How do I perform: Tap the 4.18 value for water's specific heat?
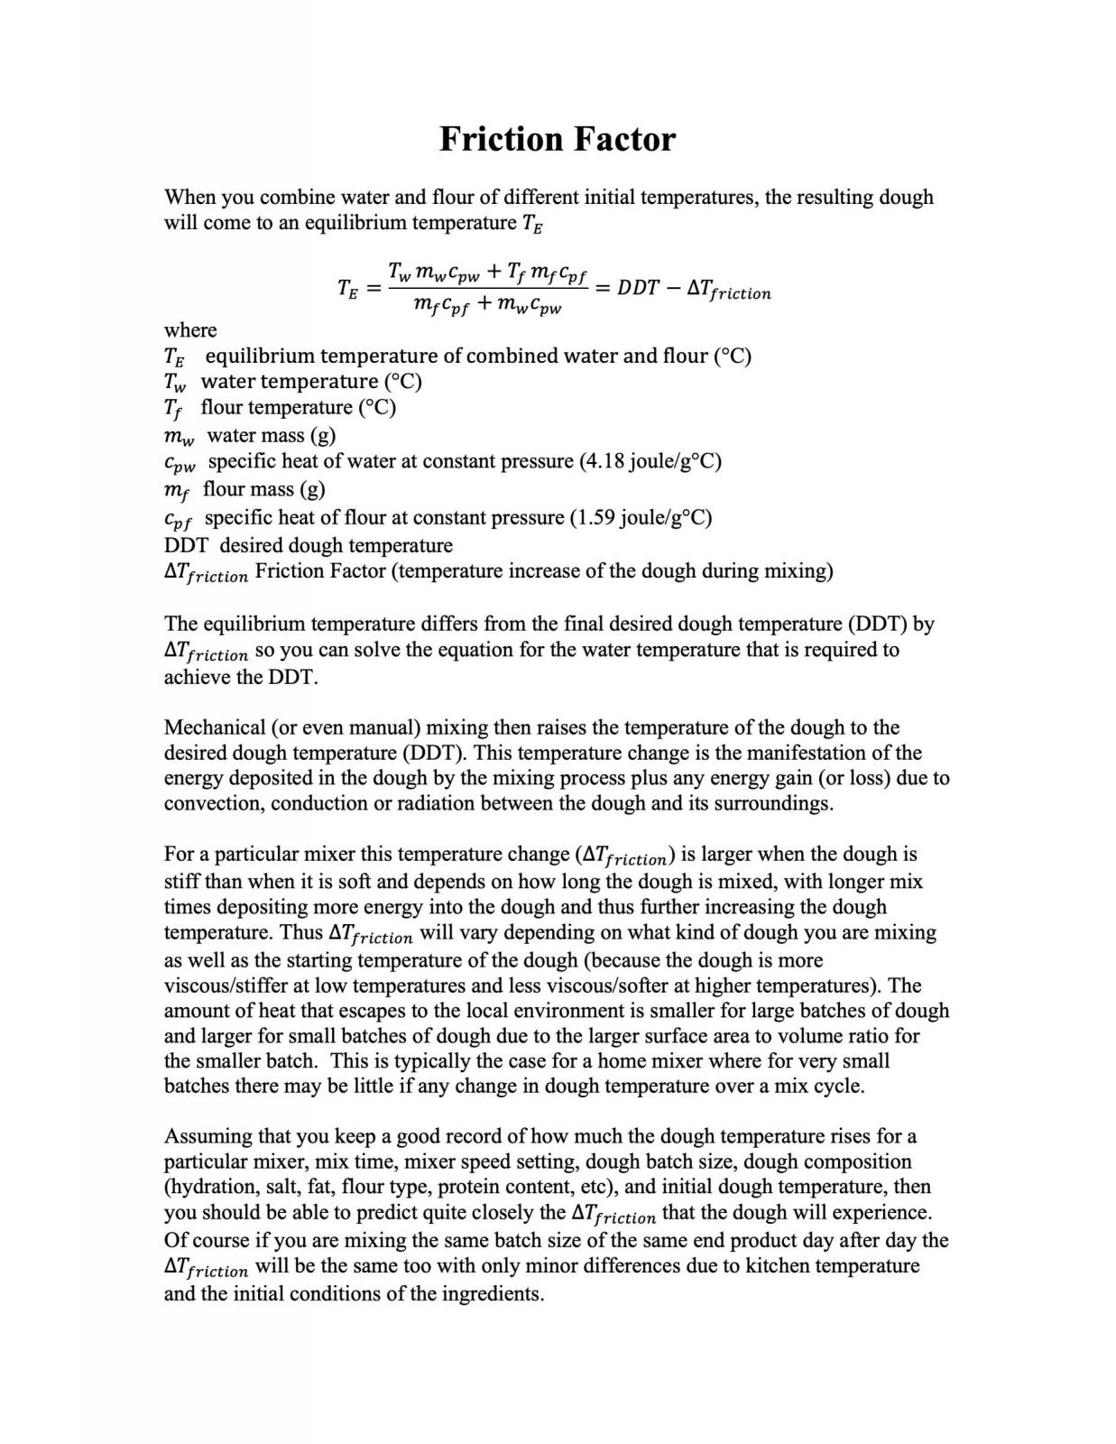tap(603, 461)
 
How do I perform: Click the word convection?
tap(211, 803)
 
